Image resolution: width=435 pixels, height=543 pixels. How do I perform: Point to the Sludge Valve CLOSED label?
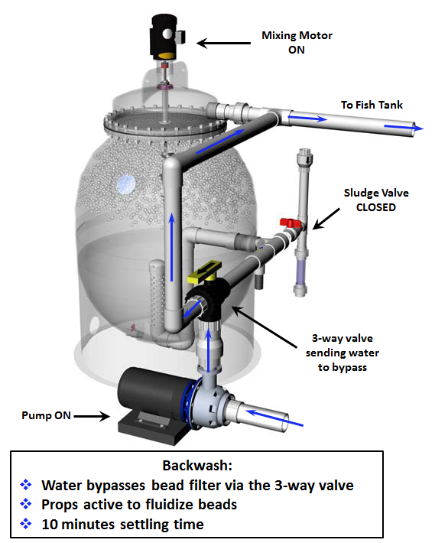[372, 199]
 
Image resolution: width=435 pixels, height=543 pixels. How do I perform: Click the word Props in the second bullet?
[59, 505]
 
